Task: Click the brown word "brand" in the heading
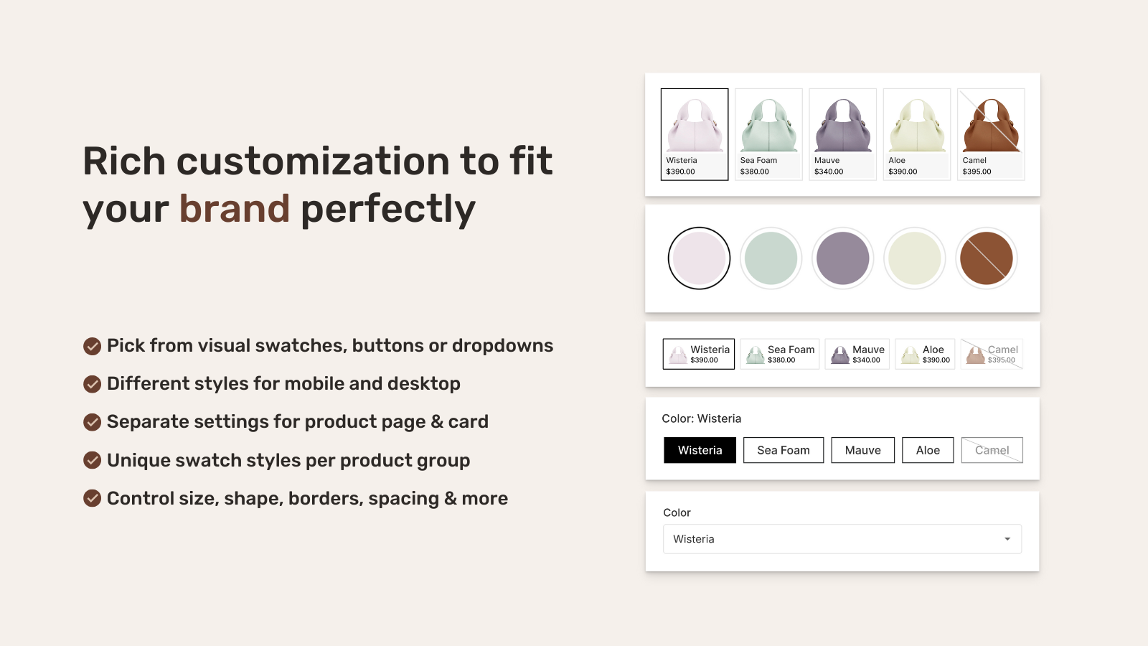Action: point(234,209)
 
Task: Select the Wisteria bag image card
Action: point(694,134)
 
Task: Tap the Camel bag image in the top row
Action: point(991,125)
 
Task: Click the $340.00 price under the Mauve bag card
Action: point(829,172)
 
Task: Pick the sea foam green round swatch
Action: point(771,258)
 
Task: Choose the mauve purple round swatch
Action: point(842,258)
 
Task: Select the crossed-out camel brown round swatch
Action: point(986,258)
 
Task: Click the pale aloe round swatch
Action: point(914,258)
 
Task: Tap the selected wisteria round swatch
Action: point(699,258)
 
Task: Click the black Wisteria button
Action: point(700,450)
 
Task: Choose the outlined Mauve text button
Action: point(862,450)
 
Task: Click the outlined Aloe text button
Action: point(928,450)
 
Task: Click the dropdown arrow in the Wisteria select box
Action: point(1007,539)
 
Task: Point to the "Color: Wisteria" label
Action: point(701,418)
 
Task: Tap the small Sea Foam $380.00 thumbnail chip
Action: point(779,354)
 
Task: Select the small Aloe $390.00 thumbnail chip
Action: point(925,354)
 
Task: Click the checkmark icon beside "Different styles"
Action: point(92,384)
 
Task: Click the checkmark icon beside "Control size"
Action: point(92,498)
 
